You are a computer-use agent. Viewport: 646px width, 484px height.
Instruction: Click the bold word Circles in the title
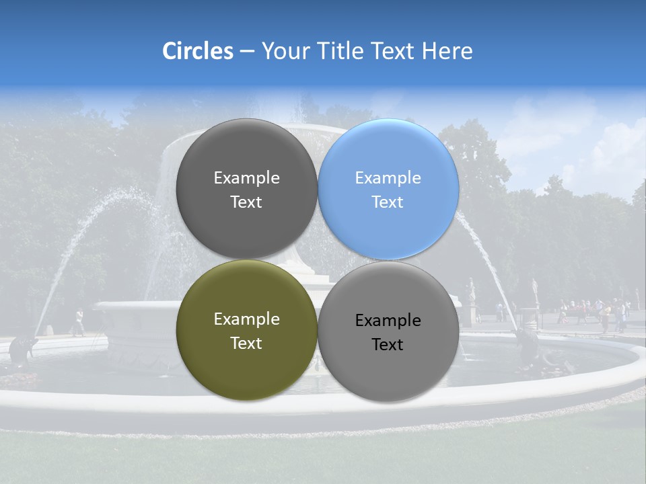198,51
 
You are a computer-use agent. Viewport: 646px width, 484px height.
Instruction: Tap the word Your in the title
285,52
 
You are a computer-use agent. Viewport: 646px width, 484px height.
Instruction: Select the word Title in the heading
341,51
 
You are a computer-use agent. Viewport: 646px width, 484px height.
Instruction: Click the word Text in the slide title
394,51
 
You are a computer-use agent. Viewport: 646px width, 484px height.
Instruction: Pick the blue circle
388,189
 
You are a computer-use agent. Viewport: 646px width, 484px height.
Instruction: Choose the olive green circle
246,330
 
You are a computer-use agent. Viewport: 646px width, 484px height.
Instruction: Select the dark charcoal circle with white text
246,189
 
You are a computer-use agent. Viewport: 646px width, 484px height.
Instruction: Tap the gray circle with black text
388,331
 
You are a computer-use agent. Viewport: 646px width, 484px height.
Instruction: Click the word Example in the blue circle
388,178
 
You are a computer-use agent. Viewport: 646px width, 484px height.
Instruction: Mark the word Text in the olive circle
246,343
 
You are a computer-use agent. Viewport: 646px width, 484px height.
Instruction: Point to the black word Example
388,321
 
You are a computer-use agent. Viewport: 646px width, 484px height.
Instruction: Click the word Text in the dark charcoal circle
246,202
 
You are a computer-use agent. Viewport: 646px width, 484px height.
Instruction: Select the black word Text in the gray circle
388,344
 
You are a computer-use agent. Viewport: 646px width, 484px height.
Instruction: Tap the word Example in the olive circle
246,319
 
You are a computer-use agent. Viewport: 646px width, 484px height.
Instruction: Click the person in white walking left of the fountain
79,322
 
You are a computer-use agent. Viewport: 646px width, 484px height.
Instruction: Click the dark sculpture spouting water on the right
528,343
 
